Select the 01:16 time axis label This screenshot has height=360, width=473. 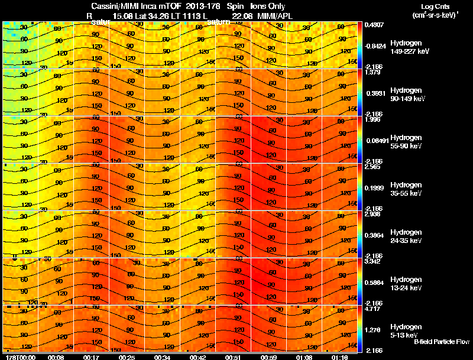click(339, 357)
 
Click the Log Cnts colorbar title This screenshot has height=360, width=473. click(433, 6)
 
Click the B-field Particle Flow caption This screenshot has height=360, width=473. click(442, 342)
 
